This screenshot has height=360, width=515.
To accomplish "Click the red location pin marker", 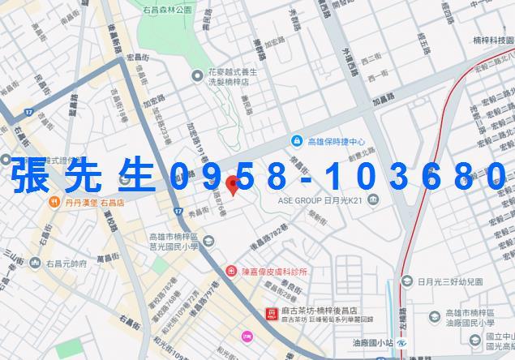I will pos(233,184).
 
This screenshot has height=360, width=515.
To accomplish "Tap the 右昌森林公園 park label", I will pos(166,10).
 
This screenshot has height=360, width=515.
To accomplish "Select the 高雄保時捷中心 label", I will pos(340,140).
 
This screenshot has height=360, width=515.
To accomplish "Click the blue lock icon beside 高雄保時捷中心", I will pos(296,140).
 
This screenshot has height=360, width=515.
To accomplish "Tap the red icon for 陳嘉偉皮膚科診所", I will pos(232,271).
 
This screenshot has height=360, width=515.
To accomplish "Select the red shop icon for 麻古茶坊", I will pos(271,312).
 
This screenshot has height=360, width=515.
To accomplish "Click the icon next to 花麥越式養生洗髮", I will pos(196,75).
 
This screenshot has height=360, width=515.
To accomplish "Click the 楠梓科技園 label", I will pos(491,38).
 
